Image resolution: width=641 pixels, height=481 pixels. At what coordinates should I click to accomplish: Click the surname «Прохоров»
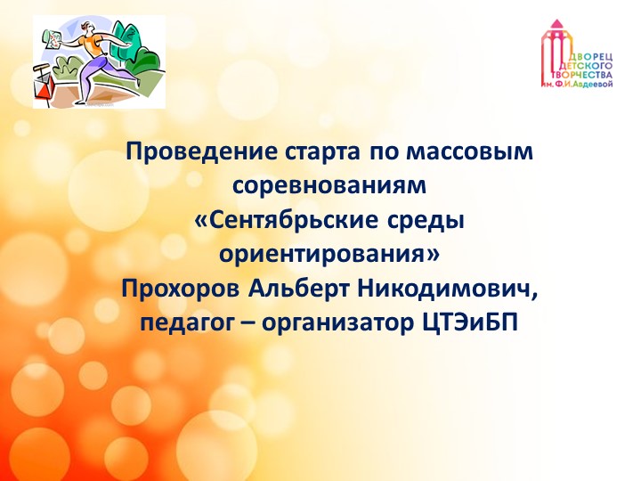click(x=181, y=289)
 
